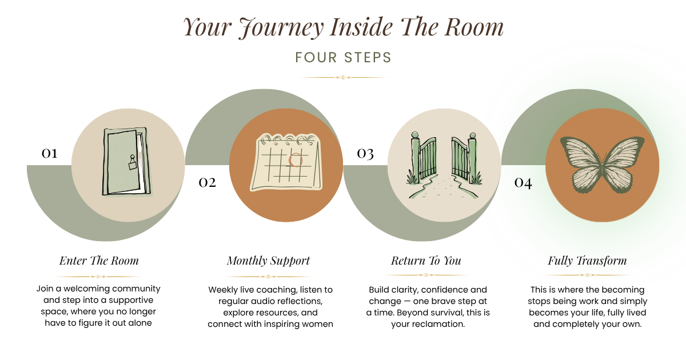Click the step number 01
click(x=49, y=153)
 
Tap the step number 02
click(x=208, y=183)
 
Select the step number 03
click(x=365, y=154)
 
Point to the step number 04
click(x=523, y=183)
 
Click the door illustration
click(x=127, y=162)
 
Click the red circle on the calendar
click(x=296, y=160)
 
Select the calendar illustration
click(x=286, y=162)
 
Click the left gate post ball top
click(x=415, y=135)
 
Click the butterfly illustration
click(x=602, y=165)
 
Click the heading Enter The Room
click(x=99, y=261)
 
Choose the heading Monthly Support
click(x=268, y=261)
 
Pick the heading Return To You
click(x=426, y=261)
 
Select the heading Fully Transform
click(x=587, y=261)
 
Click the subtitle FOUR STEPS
click(x=344, y=58)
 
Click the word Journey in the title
click(x=281, y=27)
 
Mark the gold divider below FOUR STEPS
click(x=343, y=78)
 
